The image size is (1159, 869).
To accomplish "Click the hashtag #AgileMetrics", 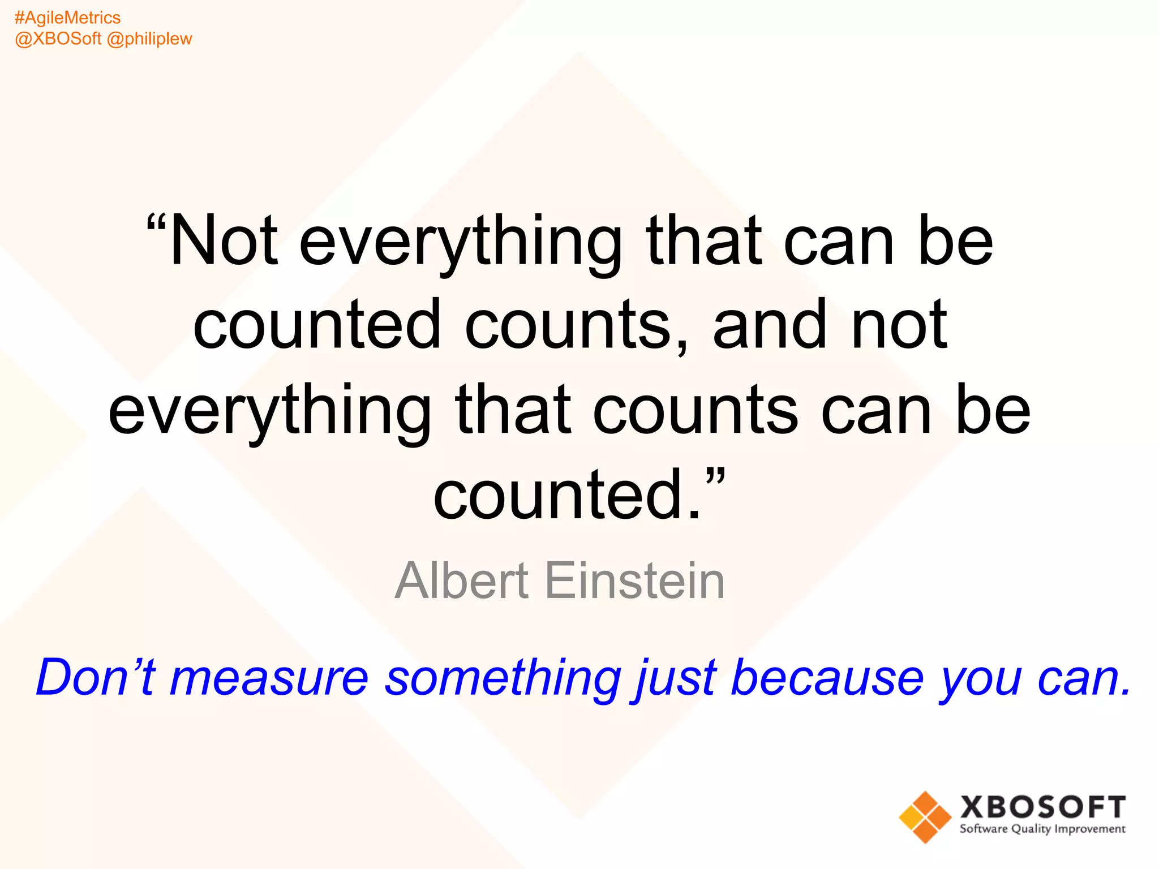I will point(67,18).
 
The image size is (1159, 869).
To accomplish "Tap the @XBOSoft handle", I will point(58,39).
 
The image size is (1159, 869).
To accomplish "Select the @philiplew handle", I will point(149,39).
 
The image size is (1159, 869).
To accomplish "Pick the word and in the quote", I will point(769,325).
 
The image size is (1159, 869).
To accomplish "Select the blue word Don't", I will point(95,677).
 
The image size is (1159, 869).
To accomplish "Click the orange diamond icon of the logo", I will point(925,817).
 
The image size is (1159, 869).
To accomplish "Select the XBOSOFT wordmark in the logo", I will point(1042,807).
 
